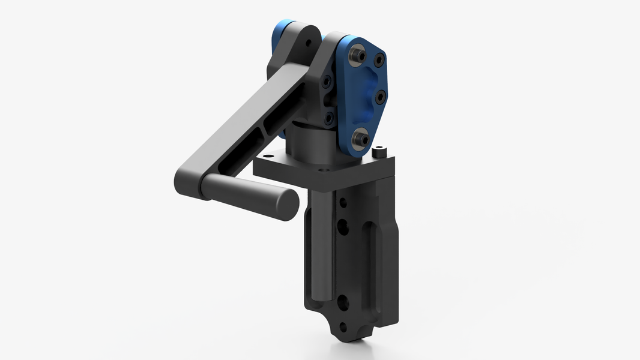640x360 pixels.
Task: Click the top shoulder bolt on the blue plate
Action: (x=358, y=55)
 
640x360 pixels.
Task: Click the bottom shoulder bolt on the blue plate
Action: (x=361, y=139)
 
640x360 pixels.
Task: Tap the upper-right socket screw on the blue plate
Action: (x=379, y=60)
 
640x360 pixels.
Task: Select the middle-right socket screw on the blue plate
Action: (x=379, y=96)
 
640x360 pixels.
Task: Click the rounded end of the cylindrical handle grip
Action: (x=288, y=204)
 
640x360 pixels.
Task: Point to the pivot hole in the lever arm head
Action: (x=308, y=43)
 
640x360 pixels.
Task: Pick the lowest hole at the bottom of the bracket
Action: (x=343, y=328)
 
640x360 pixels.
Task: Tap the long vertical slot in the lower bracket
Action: (x=370, y=264)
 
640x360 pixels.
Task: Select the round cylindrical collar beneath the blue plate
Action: (x=309, y=144)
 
